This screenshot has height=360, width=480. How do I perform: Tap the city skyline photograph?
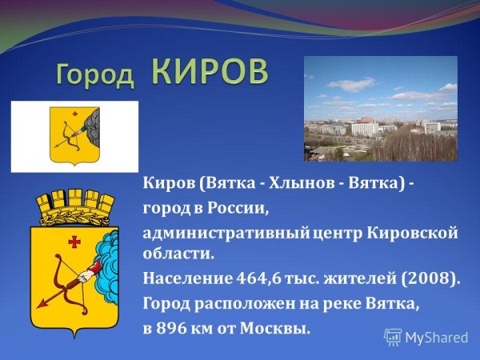click(x=380, y=109)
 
